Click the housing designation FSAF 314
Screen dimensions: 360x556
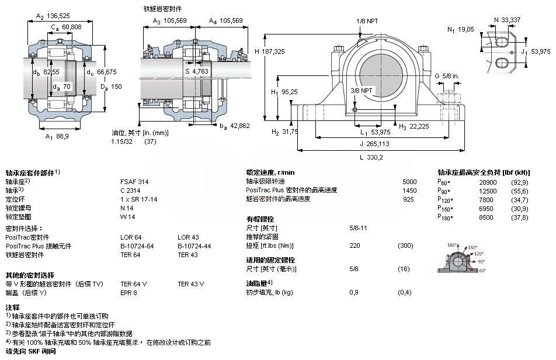tap(134, 182)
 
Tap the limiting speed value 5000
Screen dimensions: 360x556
tap(409, 182)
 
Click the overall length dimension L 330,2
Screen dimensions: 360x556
tap(371, 157)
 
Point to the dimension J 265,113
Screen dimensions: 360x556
tap(373, 143)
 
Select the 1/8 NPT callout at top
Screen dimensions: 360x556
tap(367, 21)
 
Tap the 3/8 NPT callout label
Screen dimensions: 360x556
tap(361, 91)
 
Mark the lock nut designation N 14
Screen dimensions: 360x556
tap(127, 208)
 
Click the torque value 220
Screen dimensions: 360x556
tap(354, 245)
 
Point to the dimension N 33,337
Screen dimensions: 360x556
tap(506, 20)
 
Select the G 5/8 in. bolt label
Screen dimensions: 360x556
tap(447, 75)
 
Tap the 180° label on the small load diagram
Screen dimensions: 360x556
tap(453, 245)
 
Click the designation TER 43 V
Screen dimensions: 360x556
tap(190, 283)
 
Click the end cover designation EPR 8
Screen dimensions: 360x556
tap(128, 292)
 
